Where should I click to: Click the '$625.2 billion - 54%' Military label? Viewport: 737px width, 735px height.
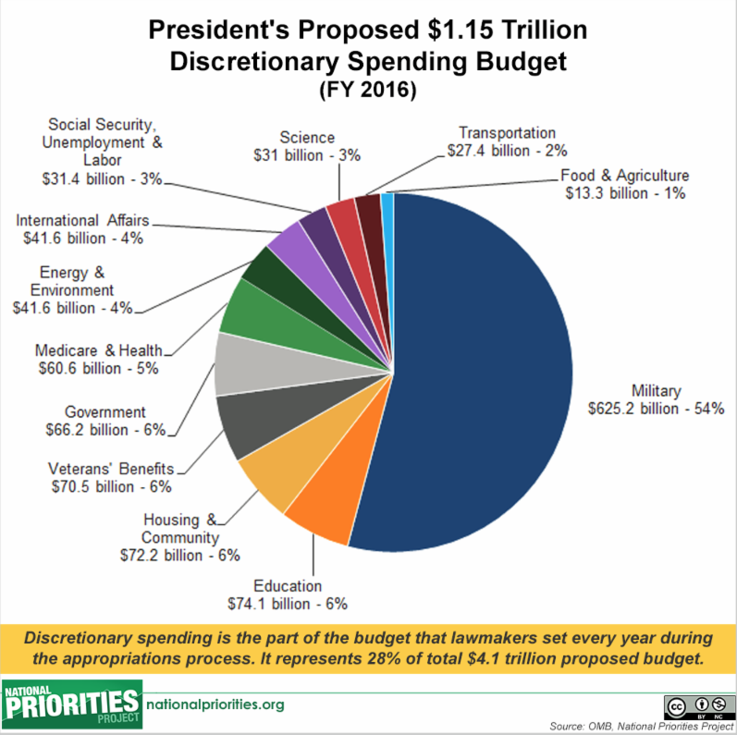point(657,409)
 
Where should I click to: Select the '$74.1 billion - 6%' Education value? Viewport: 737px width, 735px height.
point(288,604)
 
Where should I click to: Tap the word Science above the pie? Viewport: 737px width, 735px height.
point(307,137)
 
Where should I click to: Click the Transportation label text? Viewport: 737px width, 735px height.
point(507,133)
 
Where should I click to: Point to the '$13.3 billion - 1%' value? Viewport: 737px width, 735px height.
point(625,193)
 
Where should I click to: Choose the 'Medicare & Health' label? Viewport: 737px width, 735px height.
point(98,350)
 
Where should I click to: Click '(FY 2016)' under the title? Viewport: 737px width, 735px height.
point(368,90)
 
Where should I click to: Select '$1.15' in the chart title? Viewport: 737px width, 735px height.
point(461,30)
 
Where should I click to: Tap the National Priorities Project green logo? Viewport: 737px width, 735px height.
point(71,704)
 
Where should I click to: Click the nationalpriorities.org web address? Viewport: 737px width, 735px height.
point(215,704)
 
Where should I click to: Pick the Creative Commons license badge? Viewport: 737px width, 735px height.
point(699,707)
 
